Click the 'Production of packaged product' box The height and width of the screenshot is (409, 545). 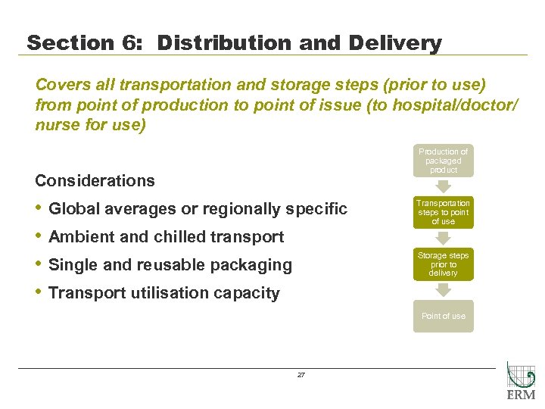pos(444,161)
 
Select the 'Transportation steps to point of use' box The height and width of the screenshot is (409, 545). pos(444,212)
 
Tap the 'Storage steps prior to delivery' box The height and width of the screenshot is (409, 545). pos(444,264)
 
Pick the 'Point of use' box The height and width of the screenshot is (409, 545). pos(444,316)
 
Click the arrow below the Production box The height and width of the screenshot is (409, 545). pos(444,186)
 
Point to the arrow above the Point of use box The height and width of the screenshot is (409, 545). pos(444,291)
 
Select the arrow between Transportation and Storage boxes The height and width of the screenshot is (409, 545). pos(444,238)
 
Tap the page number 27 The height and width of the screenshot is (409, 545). pos(301,375)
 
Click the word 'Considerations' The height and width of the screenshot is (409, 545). pos(95,180)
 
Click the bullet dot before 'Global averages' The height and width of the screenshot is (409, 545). pos(39,208)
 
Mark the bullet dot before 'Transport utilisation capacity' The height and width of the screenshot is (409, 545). pos(39,292)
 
